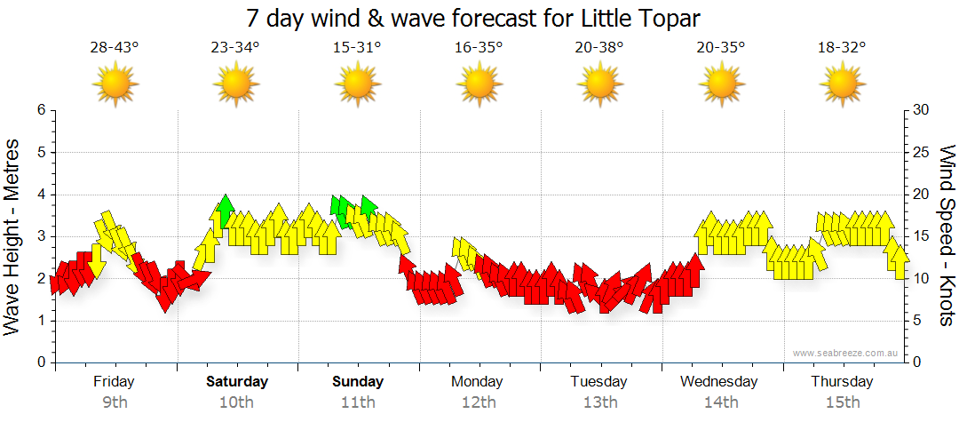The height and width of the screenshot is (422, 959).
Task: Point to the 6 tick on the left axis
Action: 41,110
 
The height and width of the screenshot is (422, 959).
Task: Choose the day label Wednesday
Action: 719,382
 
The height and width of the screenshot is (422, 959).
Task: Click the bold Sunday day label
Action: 358,382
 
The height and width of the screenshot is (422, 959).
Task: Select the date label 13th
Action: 600,402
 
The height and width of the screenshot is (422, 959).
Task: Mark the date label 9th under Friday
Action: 115,402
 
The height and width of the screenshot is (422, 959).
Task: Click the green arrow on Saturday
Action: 226,210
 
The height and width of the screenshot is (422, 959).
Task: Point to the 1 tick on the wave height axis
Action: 41,321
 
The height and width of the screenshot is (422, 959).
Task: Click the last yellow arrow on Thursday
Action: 900,259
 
